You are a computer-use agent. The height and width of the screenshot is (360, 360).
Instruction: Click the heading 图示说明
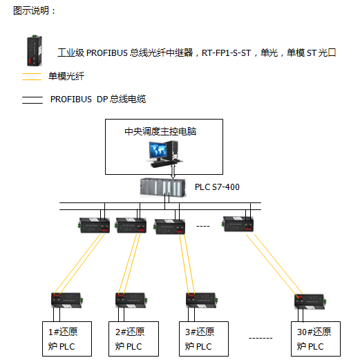tap(31, 10)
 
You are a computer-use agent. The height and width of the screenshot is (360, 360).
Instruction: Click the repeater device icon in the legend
tap(35, 50)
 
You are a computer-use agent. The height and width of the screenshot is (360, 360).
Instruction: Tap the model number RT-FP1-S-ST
tap(226, 53)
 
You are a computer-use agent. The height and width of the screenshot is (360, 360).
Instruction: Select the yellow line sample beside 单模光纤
tap(32, 77)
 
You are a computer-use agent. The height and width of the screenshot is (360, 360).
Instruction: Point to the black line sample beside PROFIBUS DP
tap(32, 100)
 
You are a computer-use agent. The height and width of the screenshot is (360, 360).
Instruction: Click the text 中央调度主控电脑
tap(160, 131)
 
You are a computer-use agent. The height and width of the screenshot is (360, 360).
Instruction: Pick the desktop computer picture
tap(164, 154)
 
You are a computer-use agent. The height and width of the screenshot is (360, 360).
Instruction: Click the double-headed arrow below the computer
tap(173, 171)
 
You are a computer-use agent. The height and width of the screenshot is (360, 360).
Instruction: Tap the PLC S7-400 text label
tap(217, 187)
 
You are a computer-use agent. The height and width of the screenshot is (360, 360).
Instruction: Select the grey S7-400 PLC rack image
tap(163, 187)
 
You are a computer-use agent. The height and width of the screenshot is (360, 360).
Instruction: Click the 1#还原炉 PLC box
tap(67, 339)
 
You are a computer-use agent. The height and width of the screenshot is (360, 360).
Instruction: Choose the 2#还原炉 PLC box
tap(133, 339)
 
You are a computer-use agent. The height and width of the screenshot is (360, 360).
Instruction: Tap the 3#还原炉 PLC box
tap(204, 339)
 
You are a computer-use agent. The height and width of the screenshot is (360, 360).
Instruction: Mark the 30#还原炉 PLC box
tap(316, 339)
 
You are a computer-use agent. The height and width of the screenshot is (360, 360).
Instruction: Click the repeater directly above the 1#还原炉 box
tap(67, 301)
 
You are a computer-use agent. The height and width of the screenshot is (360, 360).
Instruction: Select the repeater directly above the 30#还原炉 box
tap(310, 302)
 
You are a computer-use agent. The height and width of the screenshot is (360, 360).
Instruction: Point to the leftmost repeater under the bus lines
tap(94, 225)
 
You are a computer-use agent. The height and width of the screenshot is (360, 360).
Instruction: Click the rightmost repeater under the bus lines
tap(238, 224)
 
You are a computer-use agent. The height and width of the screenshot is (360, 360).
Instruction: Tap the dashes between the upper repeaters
tap(203, 226)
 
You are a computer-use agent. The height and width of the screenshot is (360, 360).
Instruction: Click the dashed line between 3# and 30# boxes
tap(260, 338)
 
